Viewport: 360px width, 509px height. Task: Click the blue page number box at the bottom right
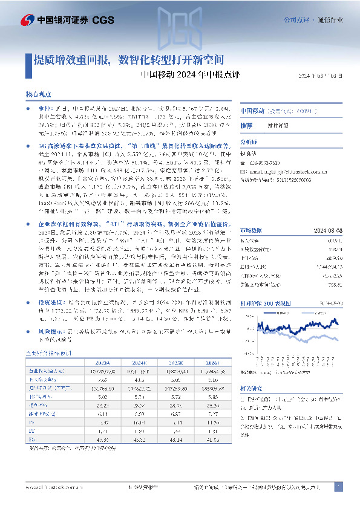tap(339, 486)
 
